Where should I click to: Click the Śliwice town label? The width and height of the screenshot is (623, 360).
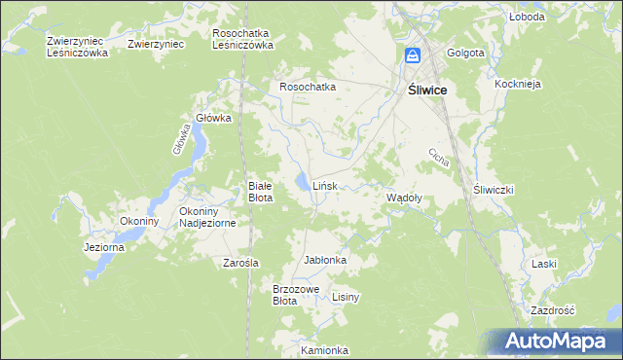coord(425,89)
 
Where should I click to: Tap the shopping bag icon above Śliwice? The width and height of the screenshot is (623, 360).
coord(412,56)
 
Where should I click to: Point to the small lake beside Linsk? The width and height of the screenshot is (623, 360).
coord(305,182)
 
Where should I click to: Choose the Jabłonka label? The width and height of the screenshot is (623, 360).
coord(325,261)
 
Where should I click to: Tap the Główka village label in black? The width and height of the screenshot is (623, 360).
coord(213,118)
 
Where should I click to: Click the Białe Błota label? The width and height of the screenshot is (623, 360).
coord(260,191)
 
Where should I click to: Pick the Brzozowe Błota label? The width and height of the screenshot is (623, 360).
coord(296,295)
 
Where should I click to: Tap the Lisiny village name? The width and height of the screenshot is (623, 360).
coord(347,297)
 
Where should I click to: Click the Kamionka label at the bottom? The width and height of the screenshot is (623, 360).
coord(324,350)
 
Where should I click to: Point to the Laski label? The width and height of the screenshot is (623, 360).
coord(543,264)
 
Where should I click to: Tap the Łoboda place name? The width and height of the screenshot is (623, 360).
coord(526,18)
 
